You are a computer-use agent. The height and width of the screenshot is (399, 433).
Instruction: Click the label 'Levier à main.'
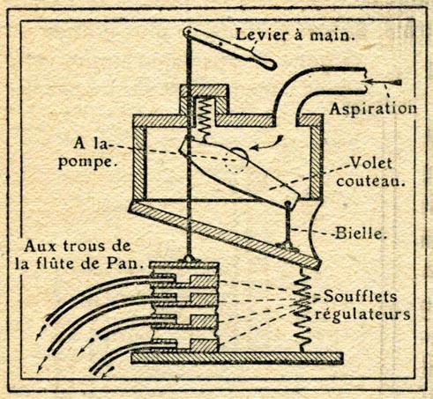(295, 35)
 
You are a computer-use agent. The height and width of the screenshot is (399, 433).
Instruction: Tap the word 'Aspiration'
(373, 108)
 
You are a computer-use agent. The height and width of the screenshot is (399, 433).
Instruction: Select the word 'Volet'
(371, 163)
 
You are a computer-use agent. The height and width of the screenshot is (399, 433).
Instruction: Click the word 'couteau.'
(370, 181)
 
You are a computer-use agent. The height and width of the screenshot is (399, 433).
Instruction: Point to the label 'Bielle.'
(361, 234)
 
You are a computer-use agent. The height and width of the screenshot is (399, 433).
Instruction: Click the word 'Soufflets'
(361, 296)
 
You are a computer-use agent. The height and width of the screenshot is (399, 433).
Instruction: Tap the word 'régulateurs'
(362, 314)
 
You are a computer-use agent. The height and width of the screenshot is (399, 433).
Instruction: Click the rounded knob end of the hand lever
(270, 64)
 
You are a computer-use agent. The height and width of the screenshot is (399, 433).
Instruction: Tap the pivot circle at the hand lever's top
(187, 31)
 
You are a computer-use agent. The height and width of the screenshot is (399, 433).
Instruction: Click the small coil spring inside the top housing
(205, 118)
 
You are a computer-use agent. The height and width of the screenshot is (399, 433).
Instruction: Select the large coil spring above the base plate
(302, 310)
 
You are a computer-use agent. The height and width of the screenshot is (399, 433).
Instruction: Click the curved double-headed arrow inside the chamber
(268, 144)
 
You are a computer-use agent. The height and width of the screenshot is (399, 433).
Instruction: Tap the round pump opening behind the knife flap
(236, 160)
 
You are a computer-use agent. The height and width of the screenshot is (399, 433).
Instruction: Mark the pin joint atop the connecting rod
(287, 203)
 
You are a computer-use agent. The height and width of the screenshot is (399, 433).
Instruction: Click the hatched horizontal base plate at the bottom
(236, 358)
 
